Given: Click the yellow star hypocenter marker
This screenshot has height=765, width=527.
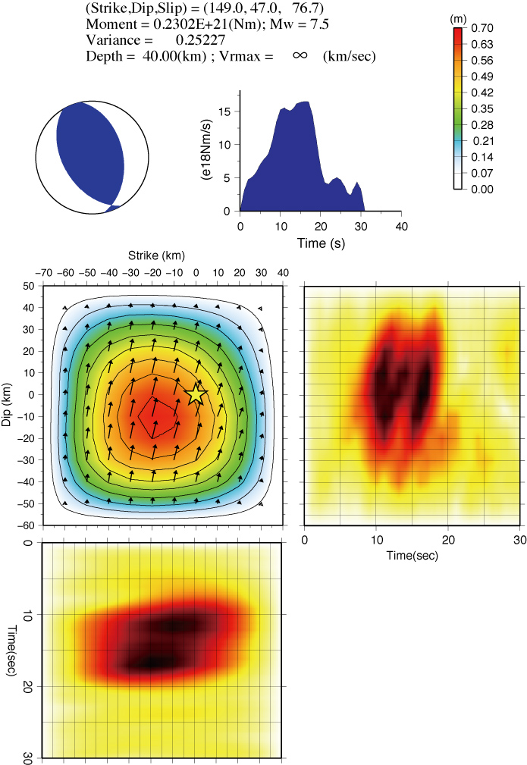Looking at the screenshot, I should click(x=196, y=393).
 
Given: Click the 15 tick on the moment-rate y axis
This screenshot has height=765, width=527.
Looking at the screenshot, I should click(x=225, y=111).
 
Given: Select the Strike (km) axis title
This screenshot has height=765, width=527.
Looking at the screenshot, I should click(x=156, y=256).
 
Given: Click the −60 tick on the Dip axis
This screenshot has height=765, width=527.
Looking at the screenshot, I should click(x=27, y=525).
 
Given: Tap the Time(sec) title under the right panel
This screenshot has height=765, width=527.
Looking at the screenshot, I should click(x=412, y=555).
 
